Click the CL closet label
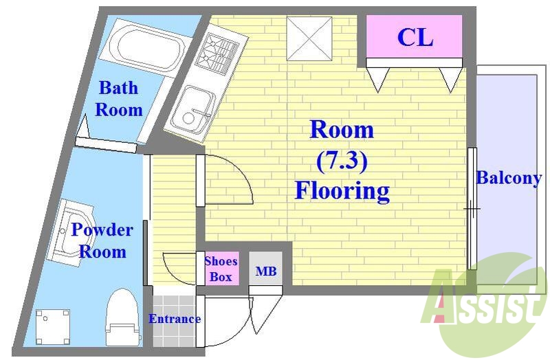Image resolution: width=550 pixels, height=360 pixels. click(x=415, y=37)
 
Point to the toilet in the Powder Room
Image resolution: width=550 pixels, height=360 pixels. click(x=124, y=317)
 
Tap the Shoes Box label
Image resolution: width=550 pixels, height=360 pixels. click(x=221, y=269)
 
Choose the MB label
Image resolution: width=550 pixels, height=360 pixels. click(x=265, y=271)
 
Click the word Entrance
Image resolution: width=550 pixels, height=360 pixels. click(x=175, y=319)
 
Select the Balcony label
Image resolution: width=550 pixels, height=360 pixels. click(x=509, y=178)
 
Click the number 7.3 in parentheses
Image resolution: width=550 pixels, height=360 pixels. click(x=342, y=161)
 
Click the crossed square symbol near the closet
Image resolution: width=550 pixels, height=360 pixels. click(x=309, y=38)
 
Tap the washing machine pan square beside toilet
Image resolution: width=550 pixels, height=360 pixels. click(x=53, y=327)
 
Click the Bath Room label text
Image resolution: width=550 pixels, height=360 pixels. click(x=119, y=98)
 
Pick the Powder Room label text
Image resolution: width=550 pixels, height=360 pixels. click(x=102, y=240)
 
